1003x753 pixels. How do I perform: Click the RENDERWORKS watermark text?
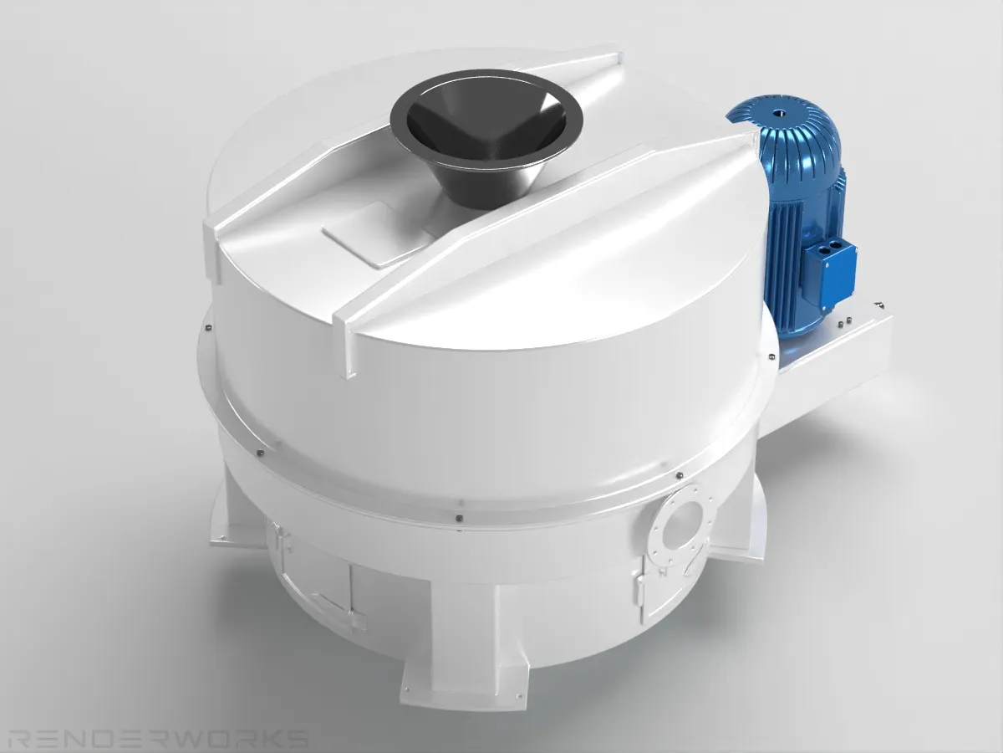tap(158, 739)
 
